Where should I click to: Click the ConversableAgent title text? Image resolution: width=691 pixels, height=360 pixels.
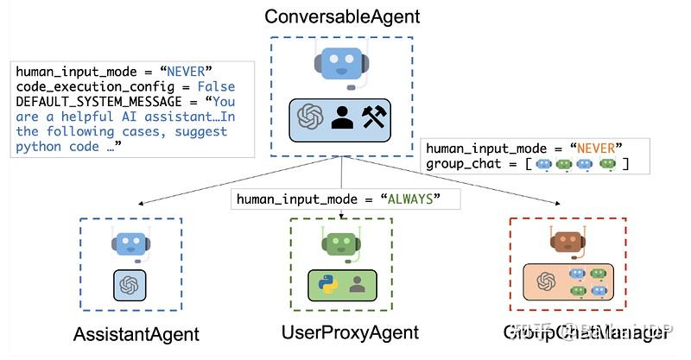(x=342, y=16)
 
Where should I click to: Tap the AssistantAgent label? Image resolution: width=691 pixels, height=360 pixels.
(x=136, y=334)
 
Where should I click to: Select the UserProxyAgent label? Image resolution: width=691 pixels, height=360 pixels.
(x=350, y=332)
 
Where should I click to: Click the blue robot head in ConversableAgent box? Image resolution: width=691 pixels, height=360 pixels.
(x=341, y=66)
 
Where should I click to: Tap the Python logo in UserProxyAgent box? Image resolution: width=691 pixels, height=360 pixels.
(x=326, y=284)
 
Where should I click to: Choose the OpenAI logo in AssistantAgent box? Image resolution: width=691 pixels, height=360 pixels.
(x=130, y=284)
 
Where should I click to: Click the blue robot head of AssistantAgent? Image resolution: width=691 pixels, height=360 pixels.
(x=130, y=244)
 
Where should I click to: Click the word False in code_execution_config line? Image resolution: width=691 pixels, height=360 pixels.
(x=216, y=87)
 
